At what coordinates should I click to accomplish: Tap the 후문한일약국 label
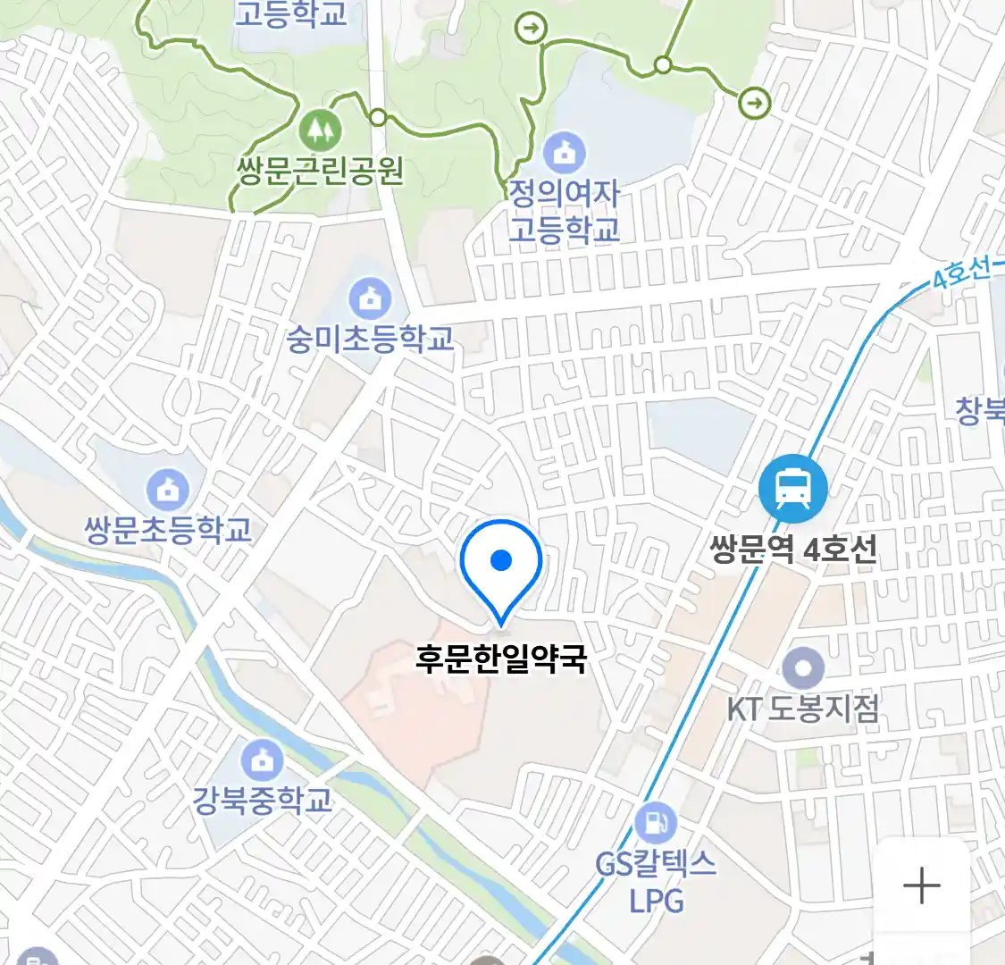click(x=501, y=660)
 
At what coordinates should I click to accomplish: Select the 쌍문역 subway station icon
click(x=792, y=488)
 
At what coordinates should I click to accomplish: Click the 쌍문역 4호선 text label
click(x=793, y=549)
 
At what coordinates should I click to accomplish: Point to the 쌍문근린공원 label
click(x=321, y=170)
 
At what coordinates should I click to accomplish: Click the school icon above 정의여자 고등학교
click(x=565, y=154)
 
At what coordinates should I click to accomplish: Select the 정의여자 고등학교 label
click(x=565, y=211)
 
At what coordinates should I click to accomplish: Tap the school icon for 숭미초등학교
click(x=369, y=299)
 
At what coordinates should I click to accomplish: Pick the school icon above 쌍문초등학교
click(x=168, y=490)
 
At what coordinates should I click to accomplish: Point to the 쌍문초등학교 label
click(x=168, y=530)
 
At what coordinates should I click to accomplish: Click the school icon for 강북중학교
click(x=262, y=760)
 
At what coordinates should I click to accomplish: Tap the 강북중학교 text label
click(x=263, y=799)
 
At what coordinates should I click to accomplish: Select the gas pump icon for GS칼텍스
click(x=657, y=823)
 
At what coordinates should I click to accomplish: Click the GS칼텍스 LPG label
click(x=657, y=881)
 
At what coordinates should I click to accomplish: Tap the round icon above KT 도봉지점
click(x=802, y=668)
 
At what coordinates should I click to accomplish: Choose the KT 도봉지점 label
click(x=802, y=709)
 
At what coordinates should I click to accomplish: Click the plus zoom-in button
click(x=921, y=885)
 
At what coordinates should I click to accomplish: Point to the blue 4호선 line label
click(x=961, y=273)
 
